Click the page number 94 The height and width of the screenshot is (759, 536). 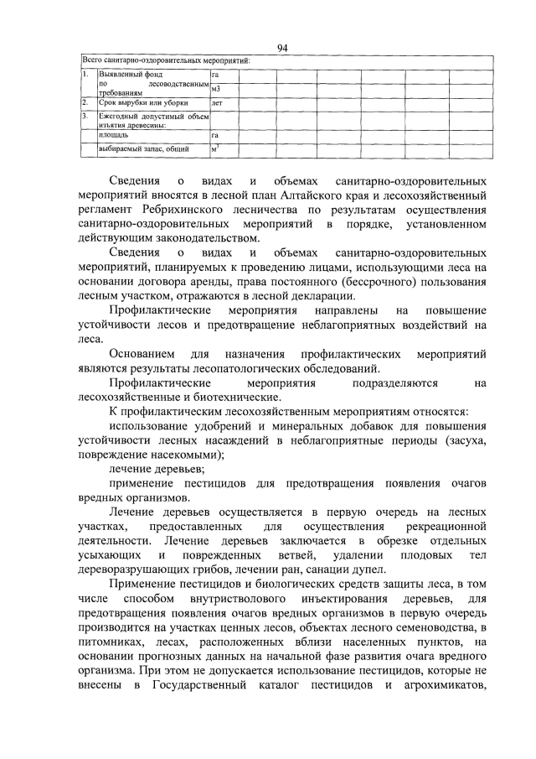pos(282,48)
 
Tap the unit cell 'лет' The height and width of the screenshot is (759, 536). pos(217,102)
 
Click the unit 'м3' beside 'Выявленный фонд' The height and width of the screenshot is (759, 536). pos(216,88)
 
